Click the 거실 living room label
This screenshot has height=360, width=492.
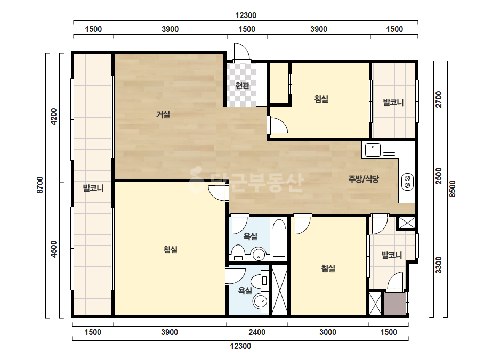pos(163,114)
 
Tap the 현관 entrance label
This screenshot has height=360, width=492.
pos(242,85)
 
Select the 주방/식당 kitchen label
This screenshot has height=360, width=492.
pos(364,179)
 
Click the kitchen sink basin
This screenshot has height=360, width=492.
pos(373,150)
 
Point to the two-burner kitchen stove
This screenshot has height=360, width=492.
pos(407,182)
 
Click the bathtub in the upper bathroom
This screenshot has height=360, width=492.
pos(279,239)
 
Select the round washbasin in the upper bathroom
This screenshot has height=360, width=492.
pos(259,255)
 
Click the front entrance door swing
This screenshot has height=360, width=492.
pos(241,52)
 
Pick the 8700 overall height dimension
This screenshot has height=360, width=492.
pos(39,185)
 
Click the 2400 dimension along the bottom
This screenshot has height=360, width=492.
pos(257,332)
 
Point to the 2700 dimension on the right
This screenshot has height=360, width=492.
pos(438,99)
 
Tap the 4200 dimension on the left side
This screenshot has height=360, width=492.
pos(54,116)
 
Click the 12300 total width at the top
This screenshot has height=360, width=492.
pos(246,15)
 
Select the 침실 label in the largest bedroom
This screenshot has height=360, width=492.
pos(171,250)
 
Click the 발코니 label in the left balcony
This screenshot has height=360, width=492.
pos(93,188)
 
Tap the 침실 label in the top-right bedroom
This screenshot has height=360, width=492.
pos(321,99)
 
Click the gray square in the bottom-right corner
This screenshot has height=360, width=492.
pos(395,304)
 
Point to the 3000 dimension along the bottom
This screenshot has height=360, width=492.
pos(328,332)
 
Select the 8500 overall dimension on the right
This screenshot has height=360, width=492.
pos(452,189)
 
